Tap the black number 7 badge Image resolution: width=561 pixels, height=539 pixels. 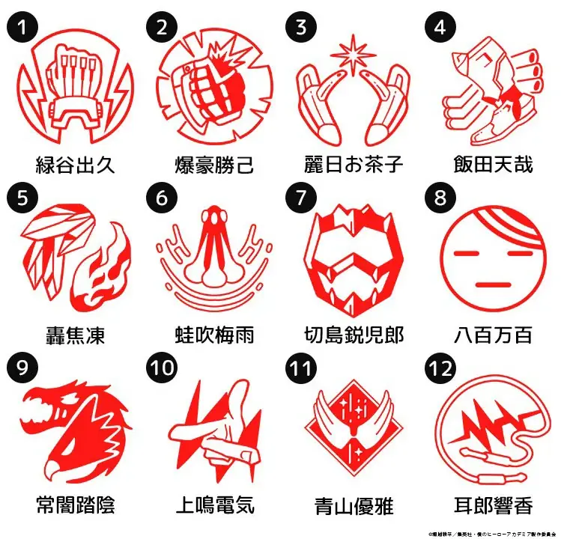click(x=300, y=197)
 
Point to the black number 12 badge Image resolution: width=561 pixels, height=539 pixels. click(x=440, y=368)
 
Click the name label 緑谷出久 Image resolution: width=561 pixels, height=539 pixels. click(x=76, y=164)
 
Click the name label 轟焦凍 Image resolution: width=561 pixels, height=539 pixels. click(x=75, y=334)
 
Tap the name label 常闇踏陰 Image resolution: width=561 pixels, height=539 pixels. click(x=75, y=504)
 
